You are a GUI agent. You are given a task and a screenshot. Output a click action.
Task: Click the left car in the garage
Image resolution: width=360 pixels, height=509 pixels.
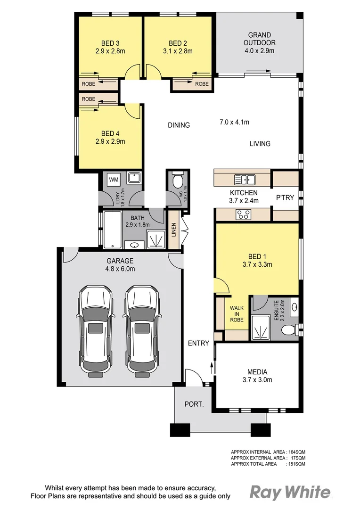click(x=96, y=330)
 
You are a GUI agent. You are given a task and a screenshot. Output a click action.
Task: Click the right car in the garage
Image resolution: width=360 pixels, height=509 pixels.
click(x=141, y=330)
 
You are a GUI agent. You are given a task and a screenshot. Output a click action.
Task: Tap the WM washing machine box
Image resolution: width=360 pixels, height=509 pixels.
click(x=114, y=179)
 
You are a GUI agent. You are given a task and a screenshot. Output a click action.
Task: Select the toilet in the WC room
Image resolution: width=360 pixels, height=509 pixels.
click(x=178, y=181)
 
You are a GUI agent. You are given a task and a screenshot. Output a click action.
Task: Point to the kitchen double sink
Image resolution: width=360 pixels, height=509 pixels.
click(x=245, y=179)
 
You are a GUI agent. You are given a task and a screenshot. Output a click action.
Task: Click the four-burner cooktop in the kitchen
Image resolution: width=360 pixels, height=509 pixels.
click(x=244, y=214)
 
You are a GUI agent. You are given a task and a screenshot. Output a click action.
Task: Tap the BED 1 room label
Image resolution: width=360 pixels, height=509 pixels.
click(x=257, y=256)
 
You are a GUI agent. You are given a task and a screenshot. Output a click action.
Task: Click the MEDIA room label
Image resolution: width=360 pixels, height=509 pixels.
click(x=257, y=371)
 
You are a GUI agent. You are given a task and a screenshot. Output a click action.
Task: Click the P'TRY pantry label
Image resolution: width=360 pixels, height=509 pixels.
click(x=285, y=198)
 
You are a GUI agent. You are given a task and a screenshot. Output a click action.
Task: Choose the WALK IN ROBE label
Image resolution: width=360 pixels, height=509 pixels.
click(x=237, y=314)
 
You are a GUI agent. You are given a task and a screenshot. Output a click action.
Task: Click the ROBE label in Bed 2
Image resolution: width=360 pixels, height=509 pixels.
click(x=202, y=84)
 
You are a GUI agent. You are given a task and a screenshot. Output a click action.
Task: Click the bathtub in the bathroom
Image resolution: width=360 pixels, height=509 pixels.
click(x=113, y=230)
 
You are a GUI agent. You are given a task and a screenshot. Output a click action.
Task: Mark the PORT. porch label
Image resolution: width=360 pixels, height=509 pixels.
click(x=194, y=404)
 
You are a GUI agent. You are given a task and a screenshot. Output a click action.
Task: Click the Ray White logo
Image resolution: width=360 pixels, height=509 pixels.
click(x=289, y=493)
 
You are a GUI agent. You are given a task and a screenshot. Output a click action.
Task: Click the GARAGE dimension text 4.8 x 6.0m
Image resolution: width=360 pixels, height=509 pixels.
click(x=121, y=269)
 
